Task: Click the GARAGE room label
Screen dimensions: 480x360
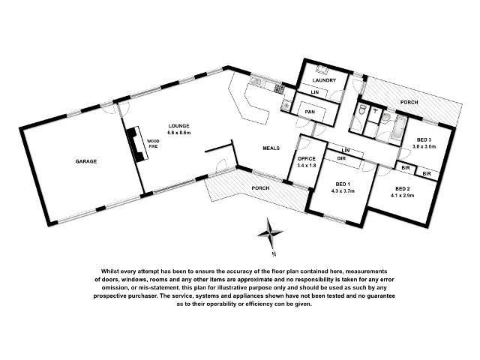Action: pos(86,161)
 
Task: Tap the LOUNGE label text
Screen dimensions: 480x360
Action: pos(178,126)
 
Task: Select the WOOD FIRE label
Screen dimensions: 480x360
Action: pos(153,143)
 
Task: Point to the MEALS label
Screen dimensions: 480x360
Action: pos(271,148)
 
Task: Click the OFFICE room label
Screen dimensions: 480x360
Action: pos(307,158)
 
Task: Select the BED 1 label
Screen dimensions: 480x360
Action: pos(343,184)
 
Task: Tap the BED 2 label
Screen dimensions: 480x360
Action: pos(403,188)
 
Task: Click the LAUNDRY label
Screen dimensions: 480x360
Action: pos(324,80)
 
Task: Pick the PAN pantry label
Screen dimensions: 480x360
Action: pos(310,112)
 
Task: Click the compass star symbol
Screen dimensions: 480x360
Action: pos(270,233)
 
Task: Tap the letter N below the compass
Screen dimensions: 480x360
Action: pos(274,253)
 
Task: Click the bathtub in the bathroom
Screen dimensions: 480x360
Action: pos(398,128)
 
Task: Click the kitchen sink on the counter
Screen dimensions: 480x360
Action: pos(256,82)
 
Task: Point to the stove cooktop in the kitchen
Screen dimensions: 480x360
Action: pos(279,88)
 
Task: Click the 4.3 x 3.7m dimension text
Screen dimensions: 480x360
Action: pos(343,190)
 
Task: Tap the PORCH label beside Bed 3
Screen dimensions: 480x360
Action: pos(409,102)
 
